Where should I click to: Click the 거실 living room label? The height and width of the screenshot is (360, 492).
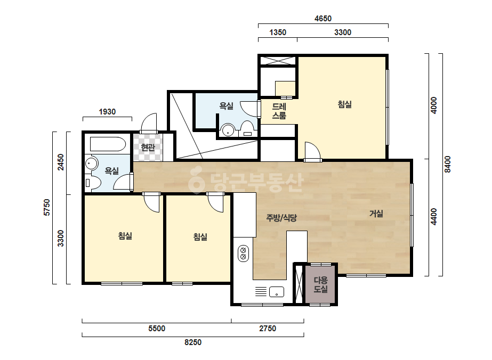[376, 214]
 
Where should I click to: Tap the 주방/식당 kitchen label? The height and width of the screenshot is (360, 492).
[281, 218]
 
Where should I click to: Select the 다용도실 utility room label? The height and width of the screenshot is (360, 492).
[321, 284]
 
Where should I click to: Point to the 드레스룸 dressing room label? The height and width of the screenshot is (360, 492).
[279, 111]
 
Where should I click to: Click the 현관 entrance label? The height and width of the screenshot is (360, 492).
[148, 147]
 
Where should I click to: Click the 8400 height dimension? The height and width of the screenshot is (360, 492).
[448, 165]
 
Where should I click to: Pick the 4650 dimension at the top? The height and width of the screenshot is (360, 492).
[323, 19]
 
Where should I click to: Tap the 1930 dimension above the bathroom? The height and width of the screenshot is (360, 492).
[107, 112]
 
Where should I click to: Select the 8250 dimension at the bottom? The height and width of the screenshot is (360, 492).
[192, 342]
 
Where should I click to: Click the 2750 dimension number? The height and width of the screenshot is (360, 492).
[268, 329]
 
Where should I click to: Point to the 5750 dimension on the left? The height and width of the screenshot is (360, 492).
[47, 208]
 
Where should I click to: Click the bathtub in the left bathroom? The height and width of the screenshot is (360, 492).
[108, 144]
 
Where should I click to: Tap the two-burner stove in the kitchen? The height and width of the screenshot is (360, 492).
[243, 253]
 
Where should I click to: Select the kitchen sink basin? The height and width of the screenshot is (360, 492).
[277, 292]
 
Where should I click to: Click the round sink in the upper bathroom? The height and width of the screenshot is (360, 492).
[228, 130]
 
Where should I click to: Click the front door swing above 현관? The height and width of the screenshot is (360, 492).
[148, 123]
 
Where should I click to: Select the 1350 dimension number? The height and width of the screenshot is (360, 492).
[278, 32]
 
